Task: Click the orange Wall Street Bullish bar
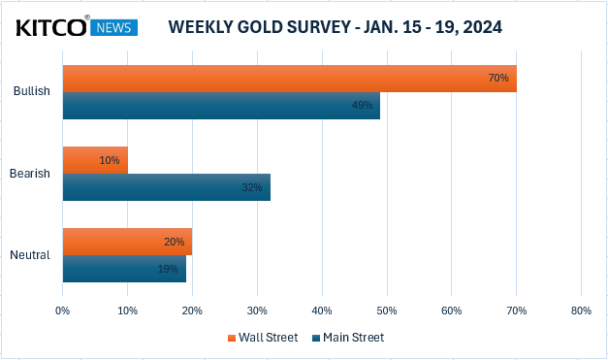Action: [290, 79]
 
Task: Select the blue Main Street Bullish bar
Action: [221, 106]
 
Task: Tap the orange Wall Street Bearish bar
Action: [95, 160]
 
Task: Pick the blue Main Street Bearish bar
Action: [167, 187]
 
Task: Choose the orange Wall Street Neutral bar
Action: [128, 242]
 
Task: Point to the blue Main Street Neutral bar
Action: [124, 269]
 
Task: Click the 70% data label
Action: [498, 78]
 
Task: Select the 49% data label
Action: [362, 105]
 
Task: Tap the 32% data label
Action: [252, 187]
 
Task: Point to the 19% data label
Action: [168, 269]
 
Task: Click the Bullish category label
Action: [32, 91]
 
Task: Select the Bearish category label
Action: [30, 173]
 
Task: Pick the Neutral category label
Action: [30, 255]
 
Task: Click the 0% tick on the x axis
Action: [62, 311]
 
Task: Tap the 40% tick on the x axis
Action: [322, 311]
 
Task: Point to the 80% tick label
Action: [581, 311]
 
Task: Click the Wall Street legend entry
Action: [263, 338]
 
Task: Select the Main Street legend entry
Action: [348, 338]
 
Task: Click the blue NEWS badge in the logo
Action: [114, 27]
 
